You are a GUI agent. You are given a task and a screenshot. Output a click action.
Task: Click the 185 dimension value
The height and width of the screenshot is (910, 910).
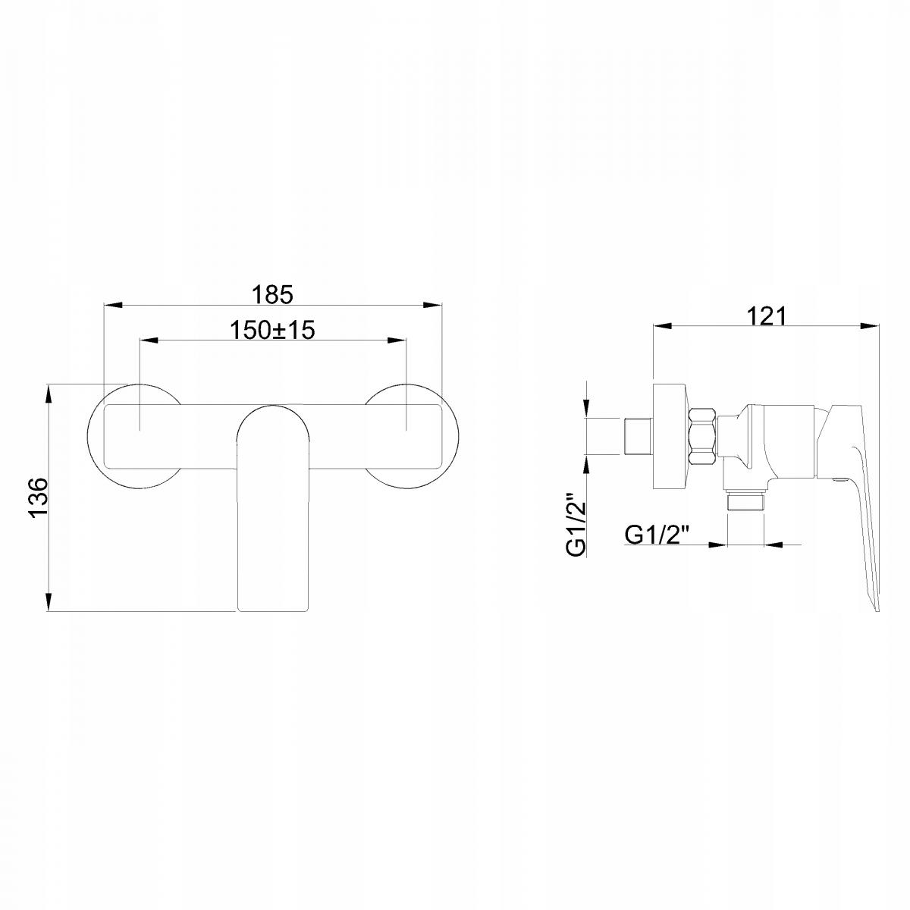[x=272, y=295]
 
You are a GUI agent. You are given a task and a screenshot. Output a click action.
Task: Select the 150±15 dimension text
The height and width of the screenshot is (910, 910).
[x=272, y=330]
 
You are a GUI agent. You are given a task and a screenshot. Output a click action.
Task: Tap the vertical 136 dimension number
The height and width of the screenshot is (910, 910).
[x=38, y=498]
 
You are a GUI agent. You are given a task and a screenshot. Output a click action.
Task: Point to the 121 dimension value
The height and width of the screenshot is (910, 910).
[x=766, y=316]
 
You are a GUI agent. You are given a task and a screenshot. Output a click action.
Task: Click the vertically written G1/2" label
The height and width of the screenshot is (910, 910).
[x=576, y=525]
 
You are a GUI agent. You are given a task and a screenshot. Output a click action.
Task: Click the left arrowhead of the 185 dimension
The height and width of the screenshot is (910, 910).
[x=113, y=305]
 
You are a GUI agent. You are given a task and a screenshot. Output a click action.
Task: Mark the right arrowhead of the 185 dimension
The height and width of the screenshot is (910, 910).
[x=432, y=305]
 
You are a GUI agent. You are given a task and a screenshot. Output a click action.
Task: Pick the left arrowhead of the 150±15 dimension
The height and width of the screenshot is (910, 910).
[x=149, y=340]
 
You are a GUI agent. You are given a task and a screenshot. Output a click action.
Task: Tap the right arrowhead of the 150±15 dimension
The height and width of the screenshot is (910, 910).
[x=397, y=340]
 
